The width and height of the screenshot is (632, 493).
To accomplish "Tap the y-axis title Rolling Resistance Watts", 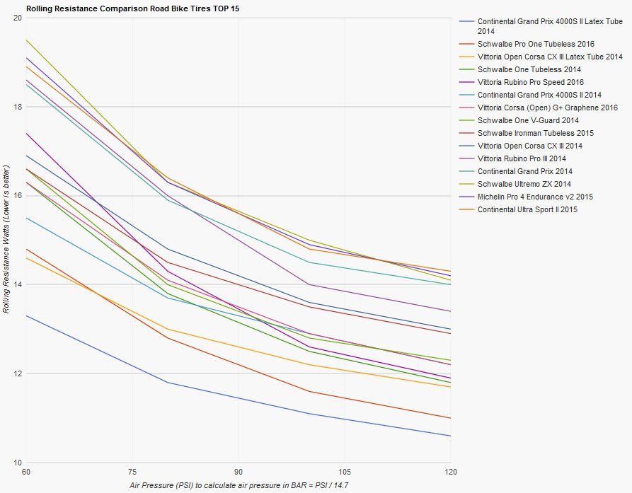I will (x=6, y=240).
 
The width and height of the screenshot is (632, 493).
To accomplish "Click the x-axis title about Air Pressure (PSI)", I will (x=239, y=485).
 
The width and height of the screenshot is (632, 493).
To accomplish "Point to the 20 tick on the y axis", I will (x=17, y=18).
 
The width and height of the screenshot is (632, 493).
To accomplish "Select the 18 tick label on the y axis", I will (x=17, y=107).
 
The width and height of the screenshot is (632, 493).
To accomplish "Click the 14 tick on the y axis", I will (x=17, y=284).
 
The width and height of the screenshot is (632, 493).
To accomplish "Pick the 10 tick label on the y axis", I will (x=17, y=463).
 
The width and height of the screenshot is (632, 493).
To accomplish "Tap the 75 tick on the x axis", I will (x=132, y=471).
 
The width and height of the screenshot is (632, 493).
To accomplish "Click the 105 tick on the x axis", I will (x=345, y=471).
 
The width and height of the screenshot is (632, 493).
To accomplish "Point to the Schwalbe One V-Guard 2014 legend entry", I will (x=528, y=120).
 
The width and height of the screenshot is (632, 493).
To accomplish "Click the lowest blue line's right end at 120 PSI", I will (x=451, y=436).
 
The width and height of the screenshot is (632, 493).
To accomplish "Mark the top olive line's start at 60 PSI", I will (x=26, y=40).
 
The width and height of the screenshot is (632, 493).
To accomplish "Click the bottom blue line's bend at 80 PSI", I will (x=168, y=383).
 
